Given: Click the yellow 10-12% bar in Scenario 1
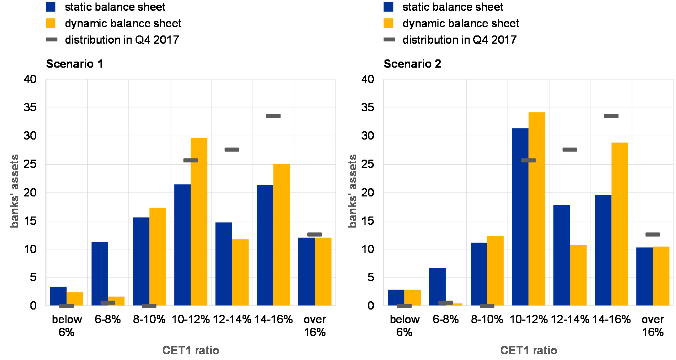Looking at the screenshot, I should (x=199, y=222).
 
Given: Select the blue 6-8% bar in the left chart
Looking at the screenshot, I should (x=99, y=273).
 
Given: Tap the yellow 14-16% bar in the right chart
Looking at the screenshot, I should (x=619, y=224).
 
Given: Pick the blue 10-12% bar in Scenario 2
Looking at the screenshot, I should (x=520, y=217).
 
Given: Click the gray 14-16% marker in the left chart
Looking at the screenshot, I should (x=273, y=116).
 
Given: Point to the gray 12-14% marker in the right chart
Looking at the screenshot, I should (x=570, y=150).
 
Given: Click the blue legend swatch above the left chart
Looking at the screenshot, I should (x=51, y=7).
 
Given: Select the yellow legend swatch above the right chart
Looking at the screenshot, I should (x=388, y=23).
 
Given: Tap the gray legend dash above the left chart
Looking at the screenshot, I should (x=52, y=39).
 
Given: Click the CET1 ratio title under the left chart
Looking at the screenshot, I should (x=191, y=350).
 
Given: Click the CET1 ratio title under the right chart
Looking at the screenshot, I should (x=529, y=350).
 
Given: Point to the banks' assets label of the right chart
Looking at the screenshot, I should (x=353, y=191).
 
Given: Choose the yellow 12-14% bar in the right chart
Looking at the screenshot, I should (x=578, y=275).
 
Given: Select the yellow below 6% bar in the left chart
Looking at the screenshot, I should (x=75, y=299).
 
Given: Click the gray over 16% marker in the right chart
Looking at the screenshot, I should (x=653, y=234).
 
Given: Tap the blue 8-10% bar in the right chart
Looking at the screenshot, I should (x=479, y=274).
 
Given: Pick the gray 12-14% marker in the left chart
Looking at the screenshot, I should (x=232, y=150).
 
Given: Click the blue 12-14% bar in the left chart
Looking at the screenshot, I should (x=224, y=264).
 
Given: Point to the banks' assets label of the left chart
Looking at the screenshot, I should (x=15, y=191).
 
